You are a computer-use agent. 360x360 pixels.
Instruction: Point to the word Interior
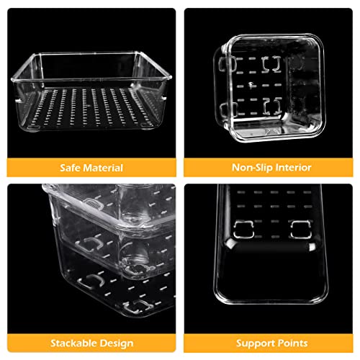(x=293, y=167)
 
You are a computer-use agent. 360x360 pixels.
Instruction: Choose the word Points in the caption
(x=291, y=343)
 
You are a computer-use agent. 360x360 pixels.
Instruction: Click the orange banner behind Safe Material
(x=91, y=168)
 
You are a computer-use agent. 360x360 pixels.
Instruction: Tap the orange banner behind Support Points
(x=269, y=343)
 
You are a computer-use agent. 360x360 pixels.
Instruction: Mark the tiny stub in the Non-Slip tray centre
(x=251, y=85)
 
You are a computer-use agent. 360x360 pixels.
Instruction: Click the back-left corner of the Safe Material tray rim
(x=38, y=55)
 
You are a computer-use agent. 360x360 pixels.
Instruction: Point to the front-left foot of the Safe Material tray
(x=32, y=127)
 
